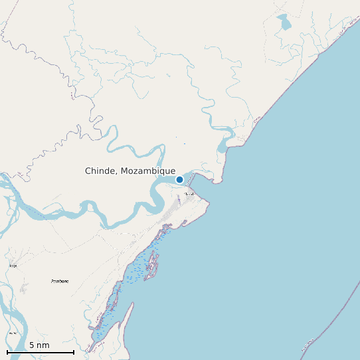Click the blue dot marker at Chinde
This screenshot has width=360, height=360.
click(x=179, y=179)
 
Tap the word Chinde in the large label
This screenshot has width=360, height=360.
click(x=100, y=171)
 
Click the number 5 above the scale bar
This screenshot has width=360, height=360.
click(x=32, y=345)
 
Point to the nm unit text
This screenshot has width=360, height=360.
click(x=43, y=345)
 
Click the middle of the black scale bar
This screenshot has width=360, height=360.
click(x=40, y=352)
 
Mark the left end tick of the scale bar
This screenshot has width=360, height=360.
click(x=7, y=351)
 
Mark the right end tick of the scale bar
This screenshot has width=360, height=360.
click(x=73, y=351)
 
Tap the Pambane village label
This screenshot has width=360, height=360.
click(x=60, y=282)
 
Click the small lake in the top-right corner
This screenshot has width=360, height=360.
click(x=284, y=23)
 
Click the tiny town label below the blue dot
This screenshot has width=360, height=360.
click(x=189, y=194)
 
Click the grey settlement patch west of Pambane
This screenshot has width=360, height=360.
click(x=25, y=288)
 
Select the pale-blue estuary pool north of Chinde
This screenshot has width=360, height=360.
click(x=225, y=140)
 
